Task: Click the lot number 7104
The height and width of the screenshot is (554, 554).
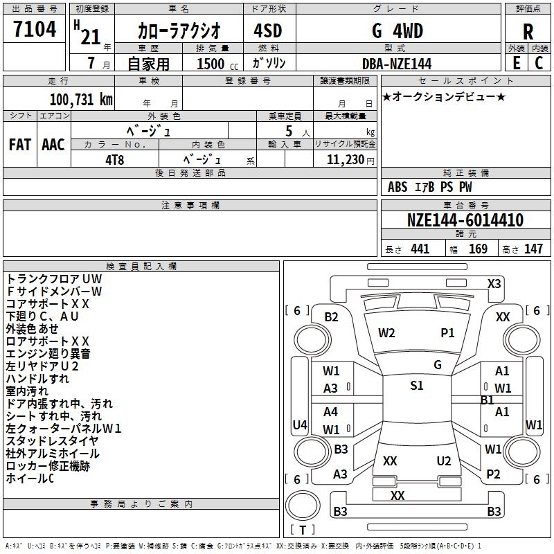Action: click(x=35, y=28)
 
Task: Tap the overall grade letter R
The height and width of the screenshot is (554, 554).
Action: click(x=528, y=32)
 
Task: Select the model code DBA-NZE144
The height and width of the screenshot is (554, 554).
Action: click(x=397, y=64)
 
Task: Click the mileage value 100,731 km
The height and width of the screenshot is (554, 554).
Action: click(x=81, y=99)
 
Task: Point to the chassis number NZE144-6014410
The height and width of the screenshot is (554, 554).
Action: click(x=465, y=220)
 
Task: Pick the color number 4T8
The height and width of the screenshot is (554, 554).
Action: click(x=114, y=160)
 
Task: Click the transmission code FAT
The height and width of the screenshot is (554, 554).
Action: click(x=20, y=145)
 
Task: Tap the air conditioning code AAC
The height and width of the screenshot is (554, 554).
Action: click(x=53, y=145)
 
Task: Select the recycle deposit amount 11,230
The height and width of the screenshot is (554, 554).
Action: click(x=345, y=159)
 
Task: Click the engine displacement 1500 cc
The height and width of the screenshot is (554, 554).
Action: click(x=217, y=64)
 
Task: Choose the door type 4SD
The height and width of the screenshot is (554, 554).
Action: click(x=268, y=30)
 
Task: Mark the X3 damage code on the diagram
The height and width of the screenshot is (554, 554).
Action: click(x=494, y=284)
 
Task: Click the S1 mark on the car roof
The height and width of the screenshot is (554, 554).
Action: click(x=417, y=386)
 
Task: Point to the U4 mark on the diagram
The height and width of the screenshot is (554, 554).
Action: click(x=300, y=425)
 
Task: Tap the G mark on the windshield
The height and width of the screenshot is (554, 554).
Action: click(x=438, y=365)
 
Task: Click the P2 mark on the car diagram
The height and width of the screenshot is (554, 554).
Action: click(x=493, y=474)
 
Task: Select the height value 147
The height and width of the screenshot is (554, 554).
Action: click(x=533, y=249)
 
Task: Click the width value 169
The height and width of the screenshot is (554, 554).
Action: click(x=478, y=249)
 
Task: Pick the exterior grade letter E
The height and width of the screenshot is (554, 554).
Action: click(x=517, y=63)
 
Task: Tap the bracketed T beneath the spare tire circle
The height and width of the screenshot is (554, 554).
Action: click(x=303, y=530)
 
